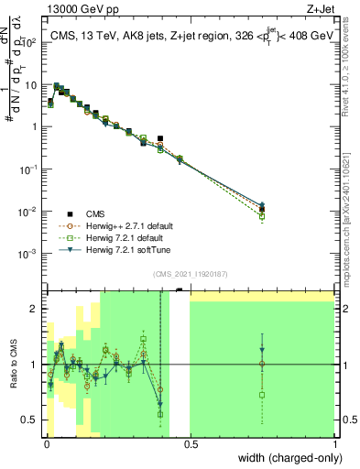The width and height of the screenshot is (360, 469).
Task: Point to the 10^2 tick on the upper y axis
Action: (x=32, y=42)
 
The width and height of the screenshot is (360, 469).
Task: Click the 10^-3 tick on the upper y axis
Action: (x=32, y=253)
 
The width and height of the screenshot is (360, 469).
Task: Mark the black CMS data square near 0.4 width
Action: (x=160, y=139)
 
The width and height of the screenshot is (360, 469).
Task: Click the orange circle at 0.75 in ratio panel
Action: (x=262, y=365)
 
